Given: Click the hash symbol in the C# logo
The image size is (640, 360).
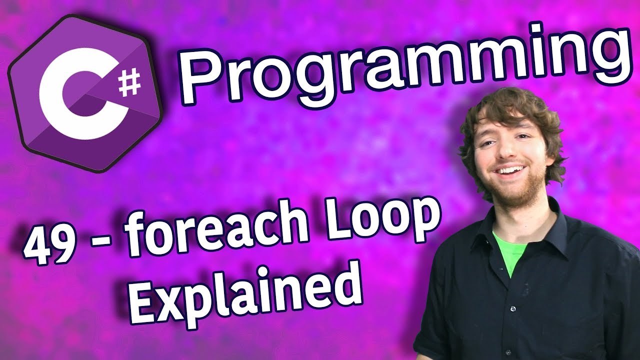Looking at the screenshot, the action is pos(130,82).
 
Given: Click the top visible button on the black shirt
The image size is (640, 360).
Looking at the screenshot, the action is pos(513,309).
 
